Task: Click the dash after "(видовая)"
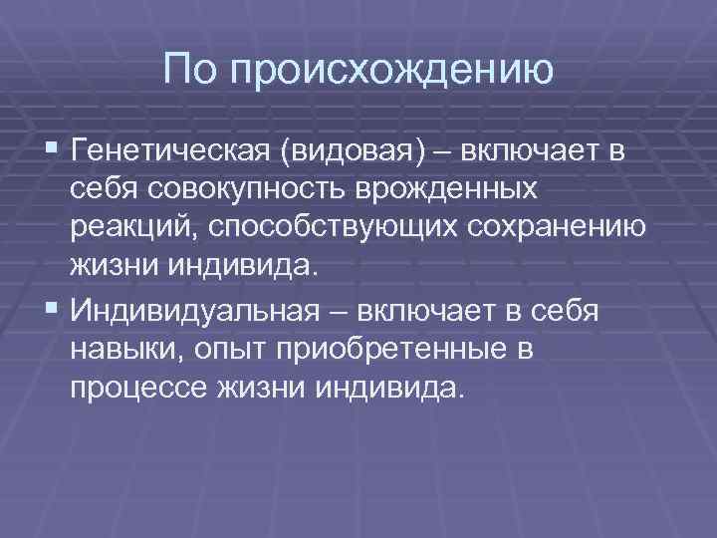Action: [440, 150]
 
